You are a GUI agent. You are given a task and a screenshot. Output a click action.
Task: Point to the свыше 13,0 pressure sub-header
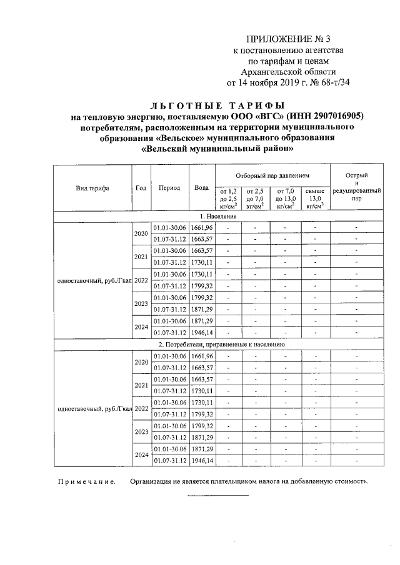(x=316, y=198)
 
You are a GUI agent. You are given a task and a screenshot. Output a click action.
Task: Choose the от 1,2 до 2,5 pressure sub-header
(x=229, y=198)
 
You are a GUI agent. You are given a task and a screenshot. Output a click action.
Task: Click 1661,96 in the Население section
(x=202, y=227)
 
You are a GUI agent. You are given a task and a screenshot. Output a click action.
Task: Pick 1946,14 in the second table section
(x=202, y=461)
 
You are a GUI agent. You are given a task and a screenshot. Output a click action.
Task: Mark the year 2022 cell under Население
(x=141, y=280)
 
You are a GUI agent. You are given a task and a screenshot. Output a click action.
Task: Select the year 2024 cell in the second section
(x=141, y=455)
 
